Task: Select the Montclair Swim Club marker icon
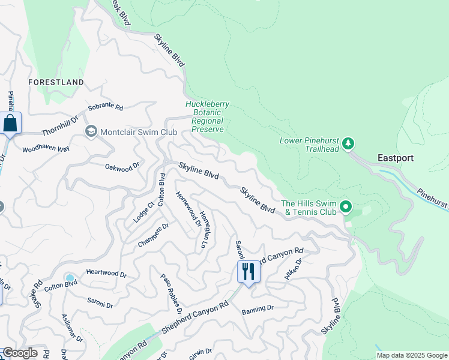tap(91, 131)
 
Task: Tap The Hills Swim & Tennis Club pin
tap(346, 208)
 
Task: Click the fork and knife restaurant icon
tap(247, 271)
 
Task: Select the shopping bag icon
tap(10, 124)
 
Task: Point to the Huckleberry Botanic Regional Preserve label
tap(207, 116)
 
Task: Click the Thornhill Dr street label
tap(60, 126)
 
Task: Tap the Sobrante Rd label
tap(105, 109)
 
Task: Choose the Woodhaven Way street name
tap(46, 148)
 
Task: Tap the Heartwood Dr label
tap(106, 274)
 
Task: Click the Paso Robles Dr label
tap(171, 293)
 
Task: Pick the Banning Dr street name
tap(258, 309)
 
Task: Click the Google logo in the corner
tap(20, 353)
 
